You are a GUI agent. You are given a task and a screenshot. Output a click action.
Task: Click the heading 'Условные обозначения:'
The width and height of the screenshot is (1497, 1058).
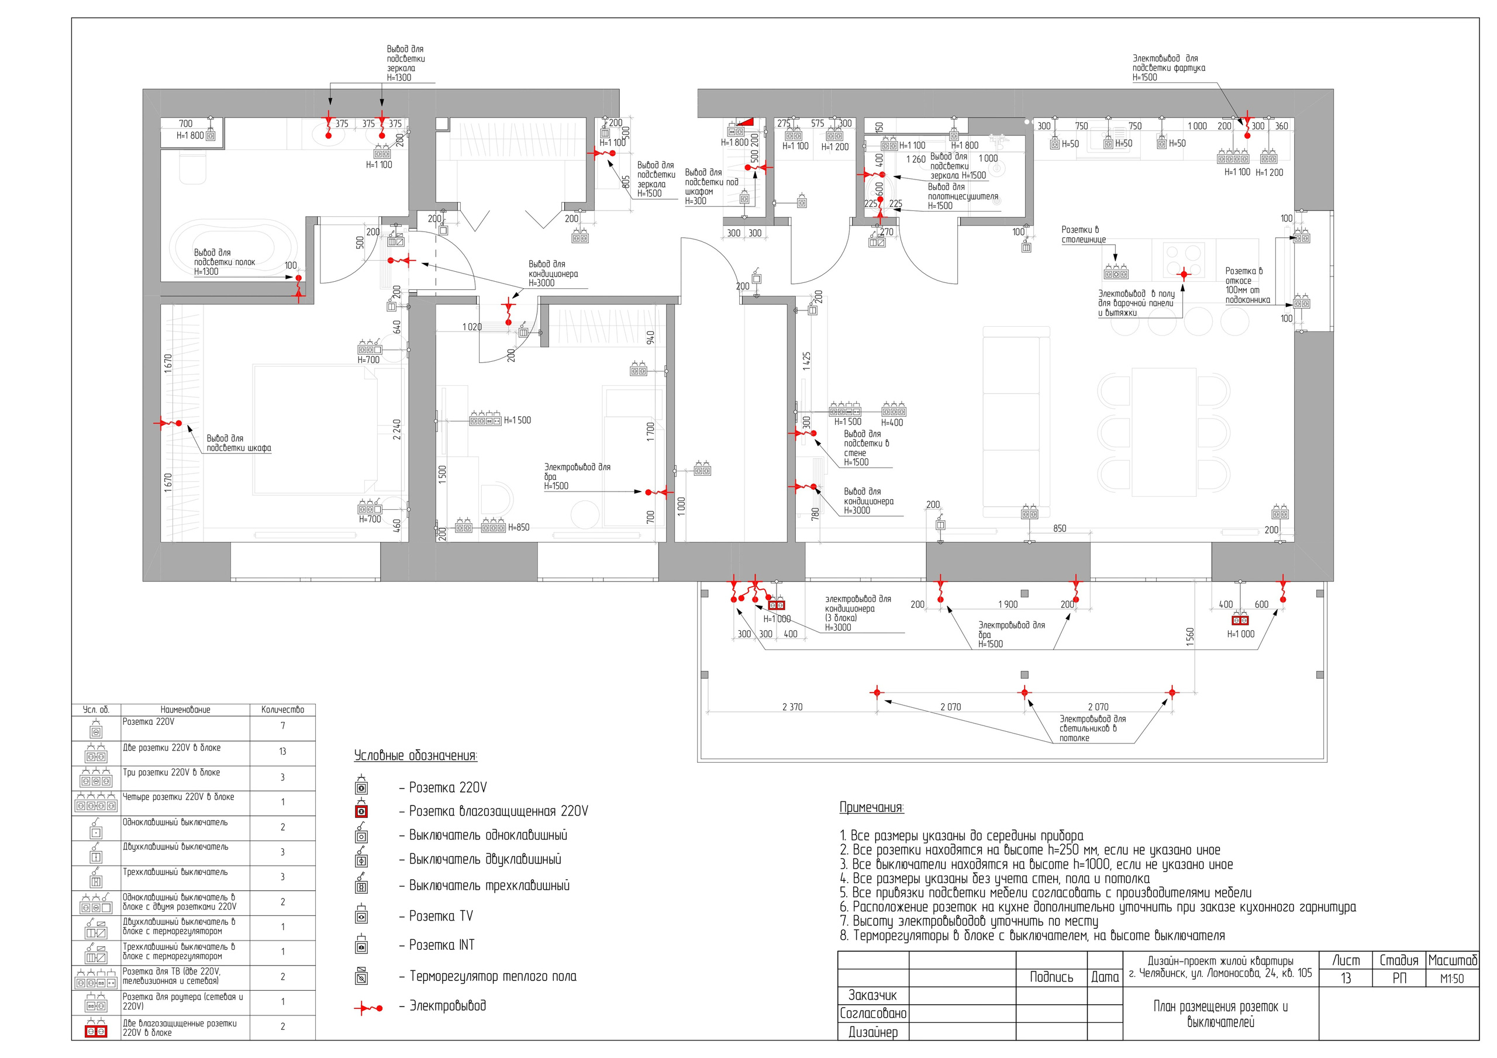coord(415,756)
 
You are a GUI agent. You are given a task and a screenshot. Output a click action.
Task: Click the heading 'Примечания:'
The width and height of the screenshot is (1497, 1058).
coord(872,808)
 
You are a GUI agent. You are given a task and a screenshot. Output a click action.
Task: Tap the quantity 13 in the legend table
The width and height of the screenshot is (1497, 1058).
coord(282,752)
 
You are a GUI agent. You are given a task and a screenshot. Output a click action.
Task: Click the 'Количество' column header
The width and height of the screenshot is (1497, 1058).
coord(282,709)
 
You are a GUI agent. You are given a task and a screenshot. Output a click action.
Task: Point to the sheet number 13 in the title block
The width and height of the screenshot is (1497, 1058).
coord(1346,979)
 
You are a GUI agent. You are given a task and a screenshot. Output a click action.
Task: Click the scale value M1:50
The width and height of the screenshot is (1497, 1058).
coord(1452,979)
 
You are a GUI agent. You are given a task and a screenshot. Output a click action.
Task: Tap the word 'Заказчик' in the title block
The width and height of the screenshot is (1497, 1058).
coord(872,995)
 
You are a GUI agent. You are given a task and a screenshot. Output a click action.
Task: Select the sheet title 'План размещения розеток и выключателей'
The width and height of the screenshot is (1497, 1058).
coord(1220,1014)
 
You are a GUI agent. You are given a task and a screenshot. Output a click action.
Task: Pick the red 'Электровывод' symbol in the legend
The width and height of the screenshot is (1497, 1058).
coord(368,1008)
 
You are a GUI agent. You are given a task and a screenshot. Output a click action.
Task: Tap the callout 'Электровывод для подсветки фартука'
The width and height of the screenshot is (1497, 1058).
coord(1168,68)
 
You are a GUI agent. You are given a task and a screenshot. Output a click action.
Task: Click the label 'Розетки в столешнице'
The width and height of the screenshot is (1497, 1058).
coord(1084,234)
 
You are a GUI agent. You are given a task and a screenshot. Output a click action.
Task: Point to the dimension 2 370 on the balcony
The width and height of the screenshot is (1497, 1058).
coord(792,707)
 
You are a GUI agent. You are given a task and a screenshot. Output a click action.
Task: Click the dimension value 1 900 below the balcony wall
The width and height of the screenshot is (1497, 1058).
coord(1008,604)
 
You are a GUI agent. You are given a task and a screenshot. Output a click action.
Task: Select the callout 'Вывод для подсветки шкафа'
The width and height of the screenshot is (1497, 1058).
coord(239,443)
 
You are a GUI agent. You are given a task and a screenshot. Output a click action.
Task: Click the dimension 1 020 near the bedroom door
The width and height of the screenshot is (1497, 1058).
coord(472,327)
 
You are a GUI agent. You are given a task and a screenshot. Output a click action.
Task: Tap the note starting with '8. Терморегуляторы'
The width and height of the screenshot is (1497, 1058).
coord(1032,936)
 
